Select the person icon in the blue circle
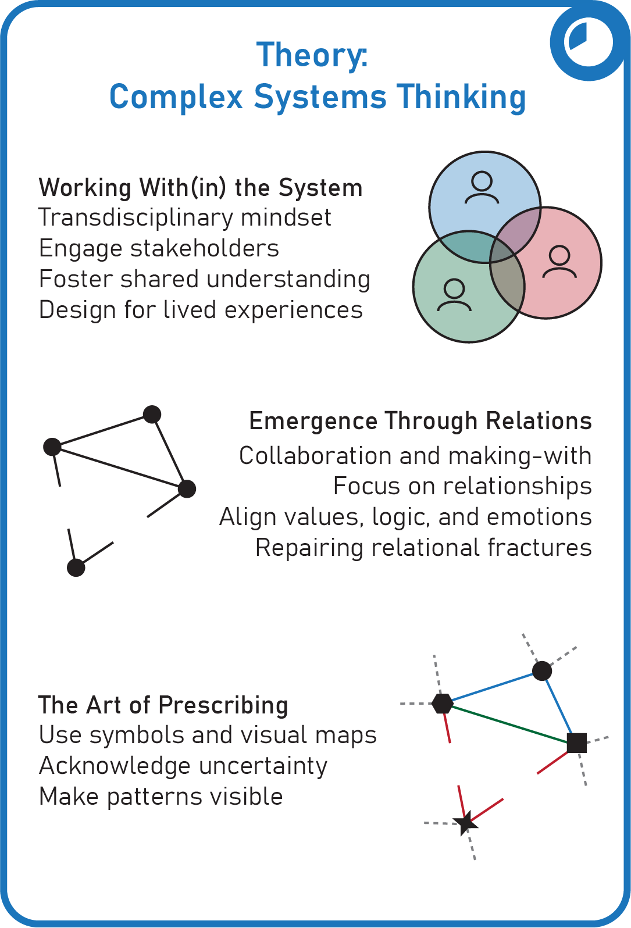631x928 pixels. (x=482, y=187)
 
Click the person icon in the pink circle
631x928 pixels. (x=559, y=262)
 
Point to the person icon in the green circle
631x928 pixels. (x=454, y=295)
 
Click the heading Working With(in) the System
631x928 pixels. (x=201, y=188)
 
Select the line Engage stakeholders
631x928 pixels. (x=159, y=248)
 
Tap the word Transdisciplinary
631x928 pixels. (x=136, y=218)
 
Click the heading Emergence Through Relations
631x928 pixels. (x=420, y=421)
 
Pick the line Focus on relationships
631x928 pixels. (x=462, y=486)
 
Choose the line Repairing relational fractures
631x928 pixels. (x=423, y=548)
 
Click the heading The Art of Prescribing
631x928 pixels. (x=163, y=705)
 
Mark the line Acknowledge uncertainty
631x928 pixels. (x=183, y=766)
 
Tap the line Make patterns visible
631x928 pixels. (x=161, y=797)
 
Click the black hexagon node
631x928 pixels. (x=443, y=704)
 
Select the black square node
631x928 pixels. (x=577, y=743)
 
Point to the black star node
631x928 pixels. (x=465, y=823)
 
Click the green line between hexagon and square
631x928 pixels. (x=509, y=723)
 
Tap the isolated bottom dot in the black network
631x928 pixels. (x=76, y=567)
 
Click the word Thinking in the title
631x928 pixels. (x=461, y=97)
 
